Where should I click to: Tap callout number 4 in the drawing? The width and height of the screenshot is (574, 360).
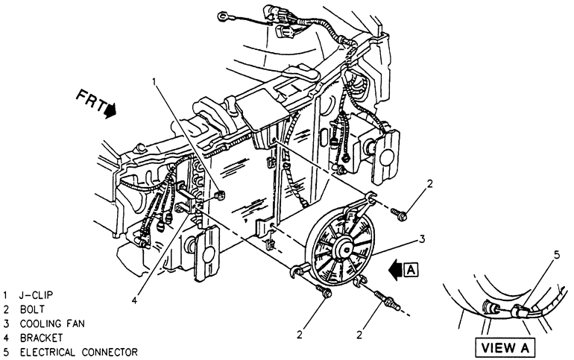click(135, 300)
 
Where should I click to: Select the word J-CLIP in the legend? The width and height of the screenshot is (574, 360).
click(38, 294)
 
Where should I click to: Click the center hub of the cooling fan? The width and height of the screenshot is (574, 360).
click(345, 246)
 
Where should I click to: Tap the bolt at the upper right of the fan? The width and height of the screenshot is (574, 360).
click(399, 215)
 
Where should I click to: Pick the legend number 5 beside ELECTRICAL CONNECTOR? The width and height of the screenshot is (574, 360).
click(6, 351)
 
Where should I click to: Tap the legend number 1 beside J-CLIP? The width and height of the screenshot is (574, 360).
click(6, 294)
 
